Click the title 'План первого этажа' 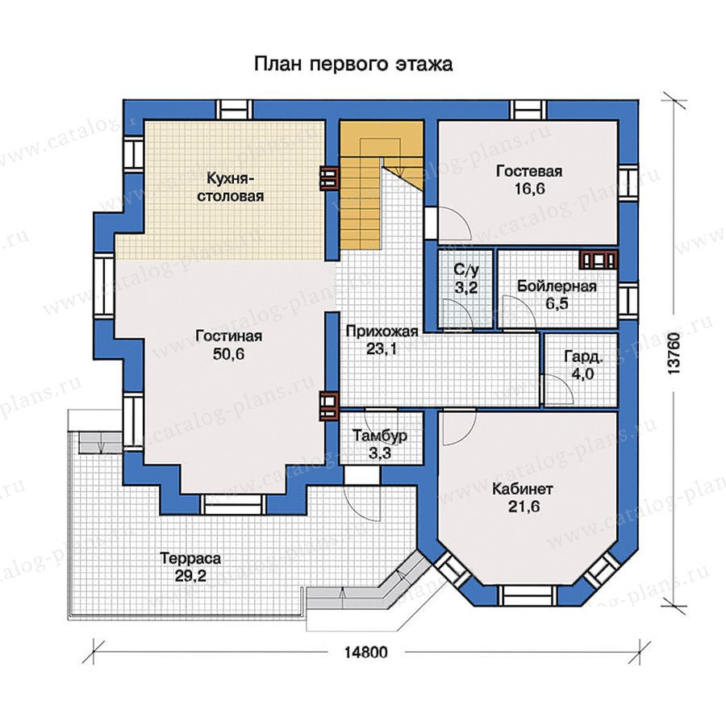[353, 64]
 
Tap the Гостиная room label [229, 336]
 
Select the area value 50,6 [229, 354]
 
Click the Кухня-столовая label [231, 186]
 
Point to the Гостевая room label [529, 171]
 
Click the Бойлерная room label [557, 286]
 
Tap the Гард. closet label [583, 357]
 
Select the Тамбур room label [380, 436]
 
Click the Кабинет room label [523, 489]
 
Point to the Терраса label [190, 558]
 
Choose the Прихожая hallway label [382, 332]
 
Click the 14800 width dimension [365, 653]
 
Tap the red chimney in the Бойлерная [599, 261]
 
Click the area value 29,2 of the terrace [190, 577]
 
